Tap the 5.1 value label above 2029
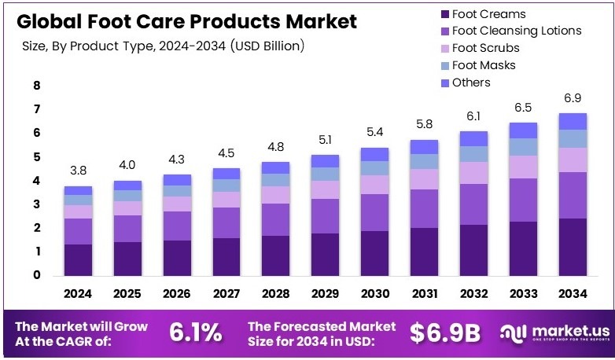tap(326, 141)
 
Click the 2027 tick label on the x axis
tap(226, 294)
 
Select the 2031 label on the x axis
tap(424, 294)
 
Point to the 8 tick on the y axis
tap(36, 86)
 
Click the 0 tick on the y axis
tap(36, 275)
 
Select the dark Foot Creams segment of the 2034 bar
tap(572, 247)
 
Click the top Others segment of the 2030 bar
tap(374, 154)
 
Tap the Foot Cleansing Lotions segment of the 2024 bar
tap(79, 231)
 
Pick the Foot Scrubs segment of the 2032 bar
tap(473, 173)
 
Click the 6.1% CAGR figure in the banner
tap(196, 332)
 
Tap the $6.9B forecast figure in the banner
tap(444, 332)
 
